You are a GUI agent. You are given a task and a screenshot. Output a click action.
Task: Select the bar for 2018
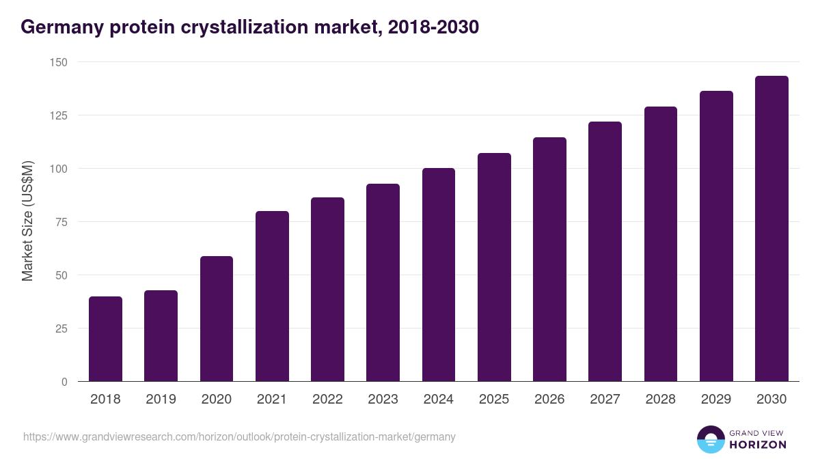tap(105, 339)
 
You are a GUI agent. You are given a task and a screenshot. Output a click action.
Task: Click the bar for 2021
tap(272, 296)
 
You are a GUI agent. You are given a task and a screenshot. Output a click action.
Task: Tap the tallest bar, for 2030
tap(771, 229)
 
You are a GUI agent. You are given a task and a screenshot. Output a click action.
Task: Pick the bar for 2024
tap(439, 275)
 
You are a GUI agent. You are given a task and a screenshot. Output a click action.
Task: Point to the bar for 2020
tap(217, 319)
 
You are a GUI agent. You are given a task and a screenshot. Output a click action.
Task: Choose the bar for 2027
tap(605, 251)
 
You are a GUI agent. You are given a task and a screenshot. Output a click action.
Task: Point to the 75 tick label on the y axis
tap(61, 222)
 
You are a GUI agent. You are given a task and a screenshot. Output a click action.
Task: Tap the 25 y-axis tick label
tap(61, 329)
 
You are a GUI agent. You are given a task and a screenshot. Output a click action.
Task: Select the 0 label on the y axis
tap(64, 382)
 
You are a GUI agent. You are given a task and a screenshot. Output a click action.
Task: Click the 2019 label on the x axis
tap(161, 400)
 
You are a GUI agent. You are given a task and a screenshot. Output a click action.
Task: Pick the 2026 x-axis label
tap(549, 400)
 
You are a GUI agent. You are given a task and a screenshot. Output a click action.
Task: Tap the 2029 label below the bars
tap(716, 400)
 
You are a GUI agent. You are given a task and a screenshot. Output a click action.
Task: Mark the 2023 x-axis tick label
tap(383, 400)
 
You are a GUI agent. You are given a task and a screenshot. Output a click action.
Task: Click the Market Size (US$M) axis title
tap(28, 222)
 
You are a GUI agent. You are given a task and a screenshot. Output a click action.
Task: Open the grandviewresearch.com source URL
tap(239, 436)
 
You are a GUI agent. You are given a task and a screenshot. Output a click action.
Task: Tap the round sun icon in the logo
tap(710, 439)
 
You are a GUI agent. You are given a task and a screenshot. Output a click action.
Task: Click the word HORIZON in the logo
tap(758, 445)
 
